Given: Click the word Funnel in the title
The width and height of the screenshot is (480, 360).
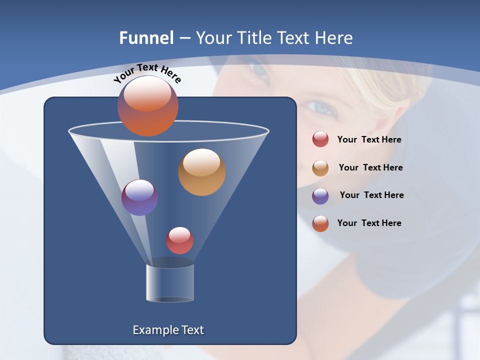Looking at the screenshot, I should [x=146, y=38].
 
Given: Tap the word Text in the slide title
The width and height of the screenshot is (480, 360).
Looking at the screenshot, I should [x=298, y=38].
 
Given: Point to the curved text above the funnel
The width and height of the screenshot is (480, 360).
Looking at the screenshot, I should [x=147, y=73].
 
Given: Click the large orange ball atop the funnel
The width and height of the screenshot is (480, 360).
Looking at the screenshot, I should [x=147, y=106].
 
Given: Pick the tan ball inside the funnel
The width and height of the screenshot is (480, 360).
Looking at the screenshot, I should [x=201, y=172].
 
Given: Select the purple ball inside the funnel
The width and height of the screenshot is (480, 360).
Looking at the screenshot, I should [x=139, y=197].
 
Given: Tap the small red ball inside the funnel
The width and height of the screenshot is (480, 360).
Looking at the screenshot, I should [x=179, y=240].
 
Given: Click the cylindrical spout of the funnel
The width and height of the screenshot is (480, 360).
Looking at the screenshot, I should [x=170, y=283].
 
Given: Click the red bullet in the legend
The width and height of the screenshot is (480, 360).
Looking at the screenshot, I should [x=320, y=139].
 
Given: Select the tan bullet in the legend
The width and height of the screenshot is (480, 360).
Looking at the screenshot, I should [x=320, y=168].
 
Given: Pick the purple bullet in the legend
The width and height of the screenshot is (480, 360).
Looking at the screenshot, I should [x=320, y=196].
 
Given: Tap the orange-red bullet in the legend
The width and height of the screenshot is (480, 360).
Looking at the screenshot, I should [x=320, y=223].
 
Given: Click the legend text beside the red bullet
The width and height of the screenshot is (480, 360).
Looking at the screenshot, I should [x=369, y=140].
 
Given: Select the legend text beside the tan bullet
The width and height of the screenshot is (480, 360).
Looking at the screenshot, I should [x=370, y=168].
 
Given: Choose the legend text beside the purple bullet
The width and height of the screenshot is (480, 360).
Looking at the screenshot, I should [x=371, y=195].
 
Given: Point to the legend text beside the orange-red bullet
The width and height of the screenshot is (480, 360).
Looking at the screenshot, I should [x=369, y=223].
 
